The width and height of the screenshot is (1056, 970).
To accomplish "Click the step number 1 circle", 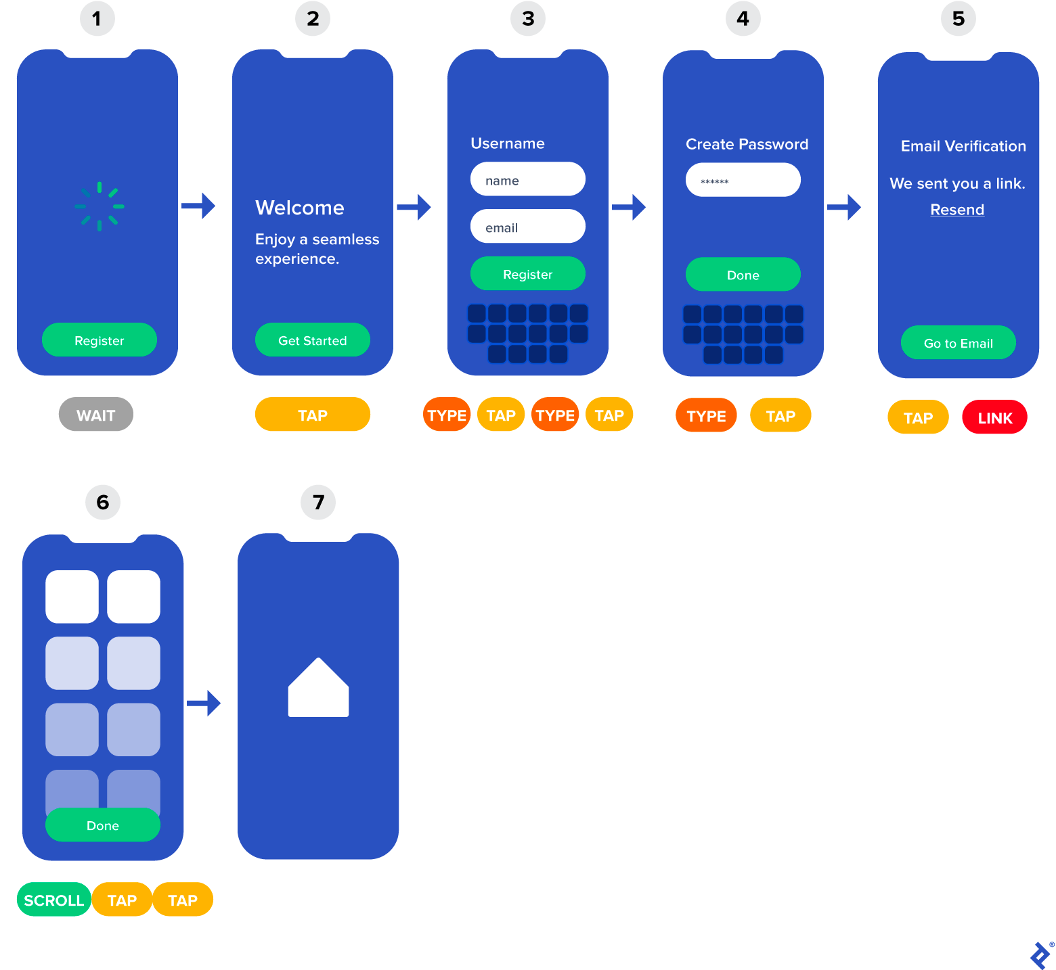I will click(x=97, y=19).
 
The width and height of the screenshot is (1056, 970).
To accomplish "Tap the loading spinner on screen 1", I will click(x=100, y=206).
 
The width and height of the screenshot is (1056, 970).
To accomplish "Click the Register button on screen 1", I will click(x=100, y=340).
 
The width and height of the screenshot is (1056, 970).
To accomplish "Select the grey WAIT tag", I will click(x=96, y=415).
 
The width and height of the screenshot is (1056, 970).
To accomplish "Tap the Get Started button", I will click(x=313, y=340).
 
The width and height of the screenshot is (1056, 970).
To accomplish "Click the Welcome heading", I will click(x=300, y=208).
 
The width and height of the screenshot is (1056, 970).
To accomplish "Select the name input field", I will click(x=528, y=180).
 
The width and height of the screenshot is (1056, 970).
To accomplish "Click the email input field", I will click(x=528, y=227).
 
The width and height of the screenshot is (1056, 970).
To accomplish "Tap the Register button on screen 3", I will click(x=528, y=274).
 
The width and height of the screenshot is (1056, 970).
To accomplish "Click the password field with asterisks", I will click(x=743, y=181).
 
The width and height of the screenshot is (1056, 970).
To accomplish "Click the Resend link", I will click(x=957, y=210).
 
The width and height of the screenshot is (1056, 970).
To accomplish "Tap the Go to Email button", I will click(x=959, y=343).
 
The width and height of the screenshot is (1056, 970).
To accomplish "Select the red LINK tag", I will click(x=994, y=417).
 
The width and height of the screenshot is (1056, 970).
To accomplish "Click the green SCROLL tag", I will click(x=54, y=900).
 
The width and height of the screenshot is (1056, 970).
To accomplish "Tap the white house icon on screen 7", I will click(x=318, y=689).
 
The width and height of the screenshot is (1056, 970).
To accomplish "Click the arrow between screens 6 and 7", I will click(x=204, y=703).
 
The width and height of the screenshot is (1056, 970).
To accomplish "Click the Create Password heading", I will click(x=747, y=144).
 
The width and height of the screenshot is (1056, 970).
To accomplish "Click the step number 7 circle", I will click(x=318, y=503).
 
